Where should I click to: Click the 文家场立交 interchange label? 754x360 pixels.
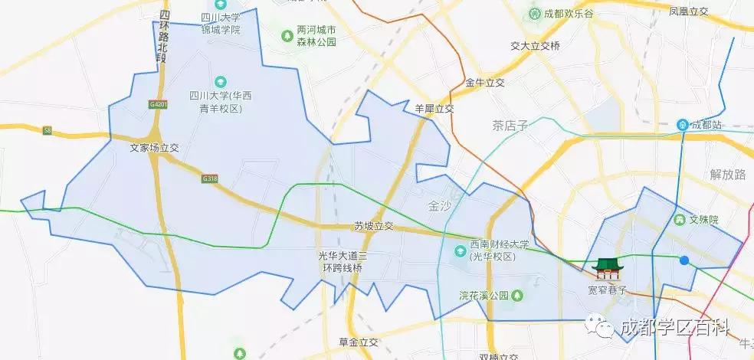(154, 148)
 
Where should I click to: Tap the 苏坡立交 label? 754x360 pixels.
(373, 226)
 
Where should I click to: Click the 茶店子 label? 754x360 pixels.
(511, 125)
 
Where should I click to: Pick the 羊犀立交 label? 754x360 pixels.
(434, 109)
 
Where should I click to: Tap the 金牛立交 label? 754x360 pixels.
(485, 83)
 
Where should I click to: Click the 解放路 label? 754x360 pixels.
(727, 174)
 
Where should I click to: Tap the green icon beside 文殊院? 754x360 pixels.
(679, 220)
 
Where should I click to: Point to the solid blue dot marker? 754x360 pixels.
(684, 260)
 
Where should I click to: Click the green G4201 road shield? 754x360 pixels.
(159, 103)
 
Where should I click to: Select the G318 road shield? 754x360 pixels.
(211, 178)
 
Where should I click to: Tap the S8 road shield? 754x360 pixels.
(48, 131)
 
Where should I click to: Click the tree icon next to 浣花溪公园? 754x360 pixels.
(518, 295)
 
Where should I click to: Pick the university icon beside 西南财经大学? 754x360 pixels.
(460, 250)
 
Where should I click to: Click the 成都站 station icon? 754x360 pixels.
(682, 124)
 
